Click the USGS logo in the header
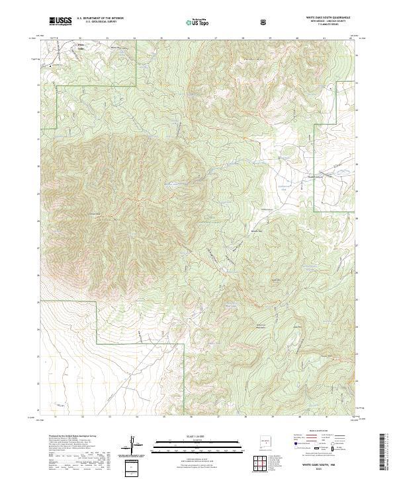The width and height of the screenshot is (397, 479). (60, 21)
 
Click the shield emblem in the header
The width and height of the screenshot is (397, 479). (264, 22)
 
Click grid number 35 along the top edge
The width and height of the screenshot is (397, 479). (161, 39)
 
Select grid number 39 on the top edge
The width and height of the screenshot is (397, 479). (270, 39)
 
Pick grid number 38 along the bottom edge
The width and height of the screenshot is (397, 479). (243, 416)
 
